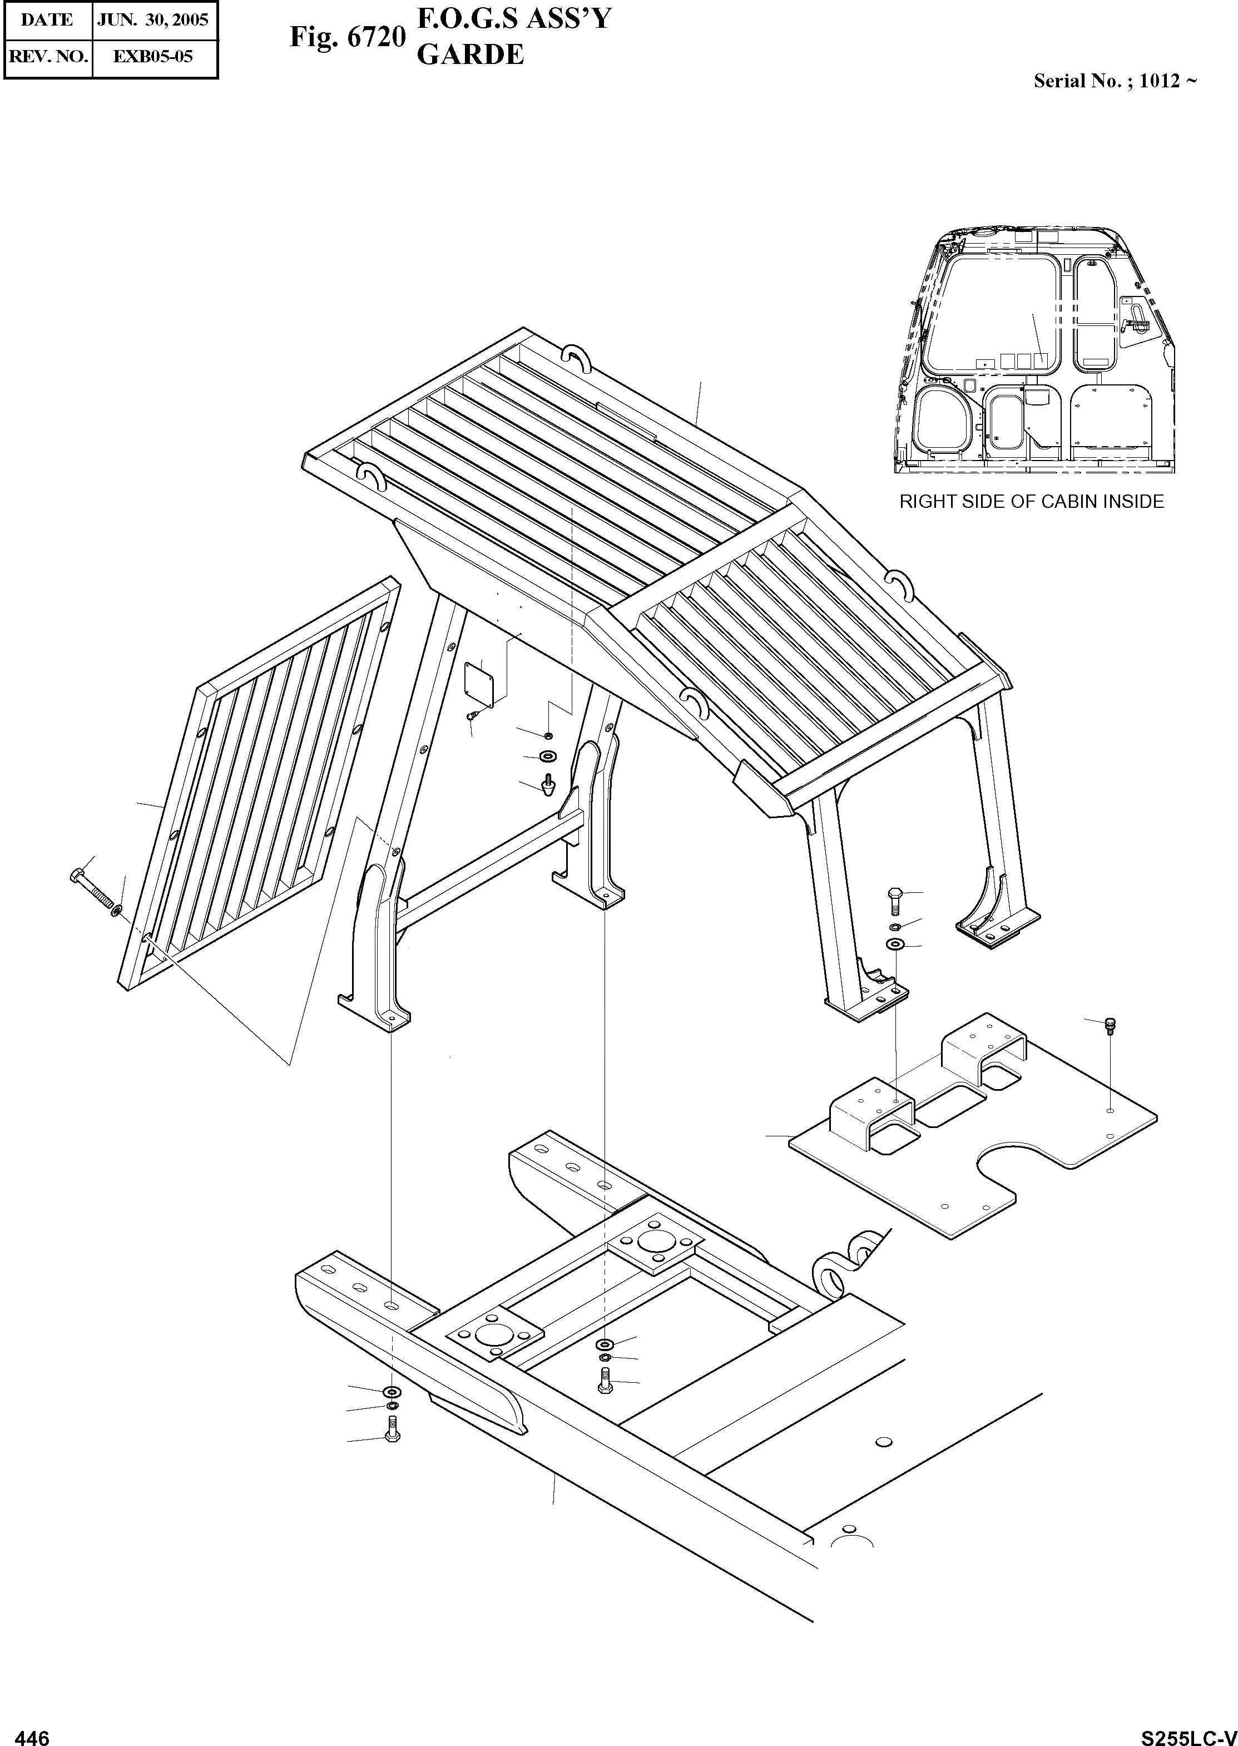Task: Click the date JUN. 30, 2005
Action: [x=153, y=20]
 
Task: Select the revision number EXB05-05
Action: [x=153, y=56]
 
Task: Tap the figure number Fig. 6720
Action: [x=347, y=37]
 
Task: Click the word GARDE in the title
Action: [x=471, y=55]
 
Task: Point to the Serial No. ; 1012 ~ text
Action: [x=1115, y=81]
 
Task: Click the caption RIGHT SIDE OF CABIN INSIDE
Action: [x=1032, y=502]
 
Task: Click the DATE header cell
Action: [x=47, y=20]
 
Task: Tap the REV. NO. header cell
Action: [x=47, y=56]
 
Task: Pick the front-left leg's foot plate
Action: [x=374, y=1015]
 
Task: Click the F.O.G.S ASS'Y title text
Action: [x=514, y=18]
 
